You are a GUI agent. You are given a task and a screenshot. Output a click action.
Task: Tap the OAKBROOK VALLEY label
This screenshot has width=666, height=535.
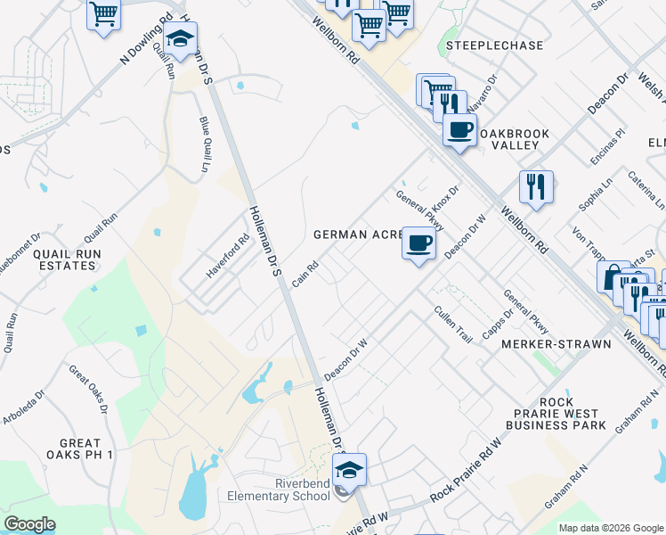click(x=515, y=139)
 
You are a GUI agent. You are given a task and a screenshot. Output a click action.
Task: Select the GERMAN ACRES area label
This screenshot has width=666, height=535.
click(x=355, y=235)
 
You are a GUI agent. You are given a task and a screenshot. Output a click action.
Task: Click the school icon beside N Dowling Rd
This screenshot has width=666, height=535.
click(x=180, y=40)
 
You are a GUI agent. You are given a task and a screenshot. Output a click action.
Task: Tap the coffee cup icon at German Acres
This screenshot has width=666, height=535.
click(x=419, y=243)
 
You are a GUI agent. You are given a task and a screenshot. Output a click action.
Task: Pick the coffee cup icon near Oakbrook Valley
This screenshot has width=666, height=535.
click(x=459, y=129)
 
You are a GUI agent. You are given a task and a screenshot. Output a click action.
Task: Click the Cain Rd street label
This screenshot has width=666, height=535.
click(x=305, y=275)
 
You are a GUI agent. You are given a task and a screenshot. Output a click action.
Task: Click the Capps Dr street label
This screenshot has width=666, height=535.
click(x=499, y=325)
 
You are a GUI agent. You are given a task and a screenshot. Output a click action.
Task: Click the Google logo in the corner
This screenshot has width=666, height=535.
click(x=29, y=524)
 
